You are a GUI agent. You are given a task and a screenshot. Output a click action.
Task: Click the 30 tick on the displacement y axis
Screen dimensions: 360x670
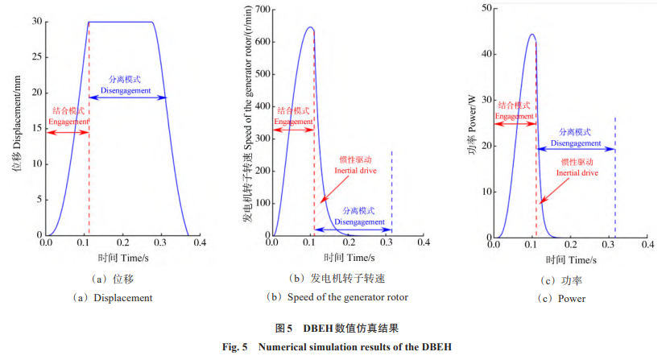pos(37,22)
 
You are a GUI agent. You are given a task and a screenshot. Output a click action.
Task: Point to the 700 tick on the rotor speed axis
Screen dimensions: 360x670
pos(263,9)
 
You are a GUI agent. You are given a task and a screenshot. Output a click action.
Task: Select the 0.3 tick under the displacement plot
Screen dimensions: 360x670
pos(161,242)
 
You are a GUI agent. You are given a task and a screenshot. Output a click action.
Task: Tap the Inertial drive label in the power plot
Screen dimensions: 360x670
pos(577,172)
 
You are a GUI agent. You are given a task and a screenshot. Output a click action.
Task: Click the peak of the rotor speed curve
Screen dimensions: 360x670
pos(310,27)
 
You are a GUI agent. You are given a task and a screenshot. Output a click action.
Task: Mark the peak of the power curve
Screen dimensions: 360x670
pos(532,35)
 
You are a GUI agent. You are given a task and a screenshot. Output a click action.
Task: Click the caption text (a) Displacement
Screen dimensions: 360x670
pos(112,297)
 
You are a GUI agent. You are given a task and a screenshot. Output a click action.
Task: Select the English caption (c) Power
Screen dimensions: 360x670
pos(564,299)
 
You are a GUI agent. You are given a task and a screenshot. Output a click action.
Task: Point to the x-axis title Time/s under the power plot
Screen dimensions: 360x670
pos(571,260)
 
